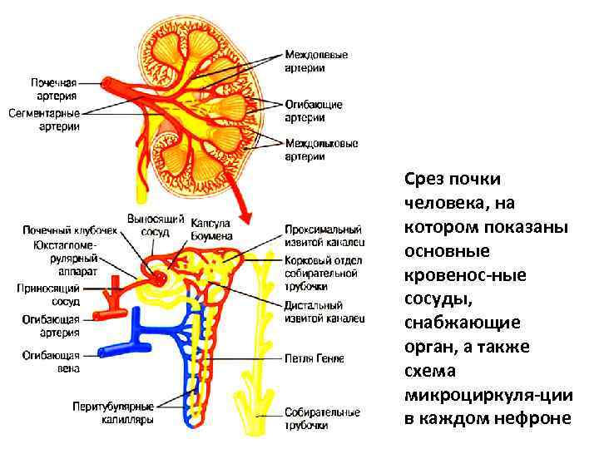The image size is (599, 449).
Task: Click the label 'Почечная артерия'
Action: point(54,89)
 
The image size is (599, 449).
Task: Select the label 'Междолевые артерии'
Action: point(316,62)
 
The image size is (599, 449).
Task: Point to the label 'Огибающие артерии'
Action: point(314,111)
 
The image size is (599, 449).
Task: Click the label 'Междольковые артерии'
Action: point(321,150)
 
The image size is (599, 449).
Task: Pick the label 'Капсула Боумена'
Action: point(211,229)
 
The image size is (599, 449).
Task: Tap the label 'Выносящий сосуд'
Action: point(155,225)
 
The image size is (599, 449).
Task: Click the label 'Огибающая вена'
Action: point(51,362)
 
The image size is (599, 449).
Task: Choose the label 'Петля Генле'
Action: point(314,358)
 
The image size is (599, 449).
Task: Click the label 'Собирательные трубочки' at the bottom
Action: point(322,418)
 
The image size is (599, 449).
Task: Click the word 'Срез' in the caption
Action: point(424,179)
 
